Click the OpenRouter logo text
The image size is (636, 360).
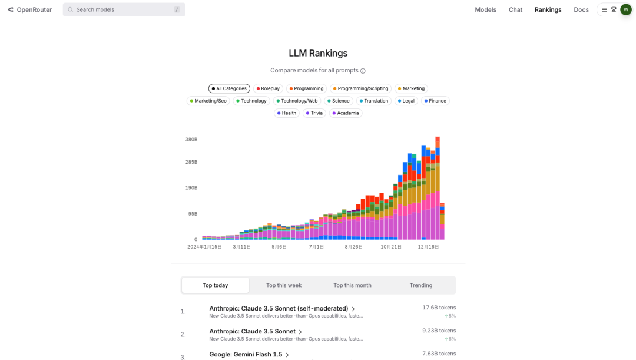click(x=34, y=9)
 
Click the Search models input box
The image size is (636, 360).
click(x=124, y=9)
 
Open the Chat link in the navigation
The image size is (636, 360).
click(x=515, y=9)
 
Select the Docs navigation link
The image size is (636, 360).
click(x=581, y=9)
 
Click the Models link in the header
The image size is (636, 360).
click(x=485, y=9)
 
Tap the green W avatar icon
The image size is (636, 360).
click(x=625, y=9)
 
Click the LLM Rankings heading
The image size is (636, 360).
click(x=318, y=53)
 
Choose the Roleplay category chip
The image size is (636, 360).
click(x=268, y=88)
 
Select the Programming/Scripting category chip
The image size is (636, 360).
click(x=360, y=88)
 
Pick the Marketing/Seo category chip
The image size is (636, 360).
click(x=208, y=101)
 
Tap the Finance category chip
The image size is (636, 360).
click(x=435, y=101)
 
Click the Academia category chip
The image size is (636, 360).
click(x=346, y=113)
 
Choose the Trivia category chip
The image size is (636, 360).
click(x=314, y=113)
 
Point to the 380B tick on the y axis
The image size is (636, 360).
click(x=191, y=140)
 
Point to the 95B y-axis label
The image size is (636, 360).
click(x=193, y=214)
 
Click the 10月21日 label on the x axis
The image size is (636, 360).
click(x=391, y=247)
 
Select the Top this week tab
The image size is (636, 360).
click(x=284, y=285)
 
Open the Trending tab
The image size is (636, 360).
click(x=421, y=285)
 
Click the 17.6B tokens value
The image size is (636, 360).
click(x=439, y=308)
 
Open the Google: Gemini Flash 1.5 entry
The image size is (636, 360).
click(x=246, y=355)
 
